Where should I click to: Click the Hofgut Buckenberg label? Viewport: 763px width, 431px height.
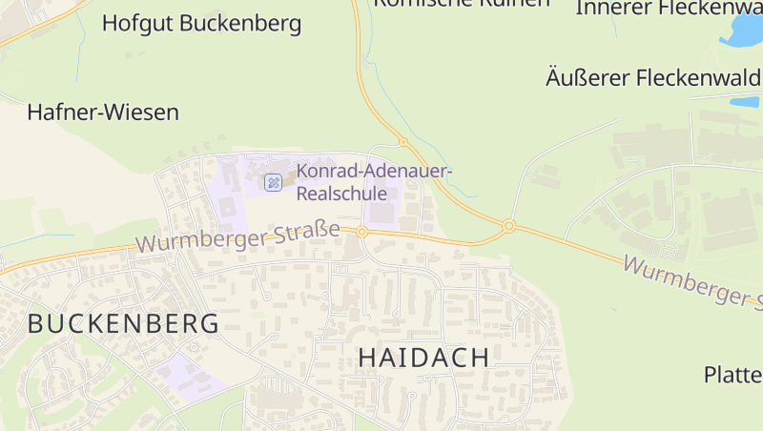(201, 23)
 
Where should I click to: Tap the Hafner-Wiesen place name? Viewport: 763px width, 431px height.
(103, 113)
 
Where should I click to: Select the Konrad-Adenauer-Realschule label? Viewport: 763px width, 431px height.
(375, 181)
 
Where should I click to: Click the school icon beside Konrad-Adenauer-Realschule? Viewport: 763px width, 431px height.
(274, 181)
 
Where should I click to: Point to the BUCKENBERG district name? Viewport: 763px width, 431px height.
(123, 323)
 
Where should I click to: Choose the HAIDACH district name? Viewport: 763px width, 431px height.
(424, 358)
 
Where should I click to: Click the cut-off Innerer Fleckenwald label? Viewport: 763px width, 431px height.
(668, 8)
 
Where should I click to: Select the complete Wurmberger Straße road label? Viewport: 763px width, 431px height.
(237, 236)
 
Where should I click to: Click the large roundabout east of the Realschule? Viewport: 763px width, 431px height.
(509, 226)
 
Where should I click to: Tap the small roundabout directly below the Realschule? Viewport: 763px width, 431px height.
(362, 232)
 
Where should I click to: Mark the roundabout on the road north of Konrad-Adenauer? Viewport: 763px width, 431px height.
(403, 142)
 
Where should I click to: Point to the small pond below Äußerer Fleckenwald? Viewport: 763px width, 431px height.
(744, 101)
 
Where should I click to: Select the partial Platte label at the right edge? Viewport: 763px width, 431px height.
(732, 374)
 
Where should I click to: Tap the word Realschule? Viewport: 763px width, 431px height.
(342, 194)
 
